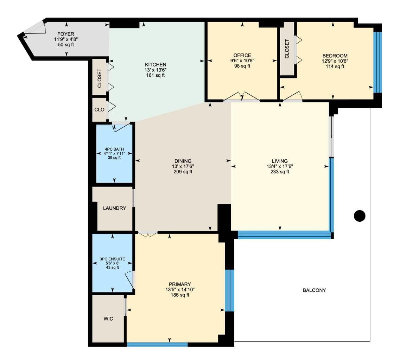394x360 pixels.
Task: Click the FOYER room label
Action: (x=65, y=34)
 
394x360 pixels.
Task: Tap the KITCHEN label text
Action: (x=155, y=65)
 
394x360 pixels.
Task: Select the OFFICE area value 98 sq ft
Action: (x=242, y=66)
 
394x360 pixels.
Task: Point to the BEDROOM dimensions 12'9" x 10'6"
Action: (x=335, y=61)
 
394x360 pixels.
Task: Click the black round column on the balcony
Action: (x=360, y=216)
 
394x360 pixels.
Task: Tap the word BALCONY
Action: (x=314, y=290)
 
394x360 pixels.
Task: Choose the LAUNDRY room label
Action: (x=115, y=208)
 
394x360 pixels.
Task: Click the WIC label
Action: (x=108, y=319)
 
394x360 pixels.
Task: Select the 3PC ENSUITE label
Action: (x=112, y=259)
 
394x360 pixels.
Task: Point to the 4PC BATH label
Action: (x=114, y=149)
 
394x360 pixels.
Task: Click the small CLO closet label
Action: (x=99, y=109)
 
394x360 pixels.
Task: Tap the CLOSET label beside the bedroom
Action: (x=287, y=49)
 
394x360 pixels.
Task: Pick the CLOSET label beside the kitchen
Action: (x=100, y=78)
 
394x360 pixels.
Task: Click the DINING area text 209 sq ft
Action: (x=183, y=172)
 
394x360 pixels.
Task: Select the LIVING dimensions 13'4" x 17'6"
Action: (x=280, y=166)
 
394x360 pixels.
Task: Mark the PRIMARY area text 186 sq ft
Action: (x=180, y=295)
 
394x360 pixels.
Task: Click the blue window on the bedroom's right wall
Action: (x=377, y=62)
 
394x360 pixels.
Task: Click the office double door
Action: (x=242, y=97)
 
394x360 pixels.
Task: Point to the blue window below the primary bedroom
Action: (x=157, y=345)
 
